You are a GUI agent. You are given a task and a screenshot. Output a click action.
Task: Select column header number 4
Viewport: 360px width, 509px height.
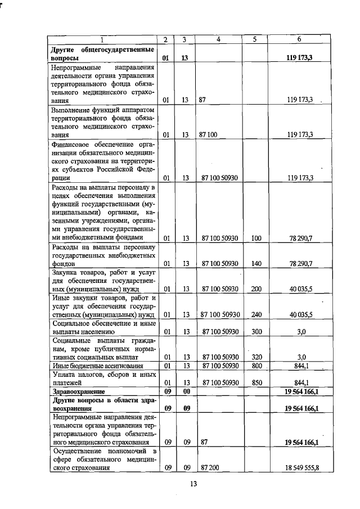[x=218, y=39]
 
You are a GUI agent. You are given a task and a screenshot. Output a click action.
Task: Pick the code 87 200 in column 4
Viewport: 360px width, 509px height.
[x=209, y=468]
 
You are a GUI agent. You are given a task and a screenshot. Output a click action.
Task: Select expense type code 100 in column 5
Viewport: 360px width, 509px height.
[x=256, y=238]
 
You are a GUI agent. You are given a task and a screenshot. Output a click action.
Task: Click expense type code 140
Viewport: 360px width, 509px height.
[x=256, y=264]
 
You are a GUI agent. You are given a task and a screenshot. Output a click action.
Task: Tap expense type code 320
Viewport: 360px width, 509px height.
[x=256, y=357]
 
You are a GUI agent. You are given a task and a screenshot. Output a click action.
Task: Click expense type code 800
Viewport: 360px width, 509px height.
[x=256, y=366]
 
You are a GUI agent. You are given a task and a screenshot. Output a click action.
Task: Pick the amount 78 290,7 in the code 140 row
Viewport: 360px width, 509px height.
[x=301, y=264]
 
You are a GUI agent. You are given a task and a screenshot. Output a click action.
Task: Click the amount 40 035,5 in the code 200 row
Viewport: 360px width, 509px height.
[x=301, y=289]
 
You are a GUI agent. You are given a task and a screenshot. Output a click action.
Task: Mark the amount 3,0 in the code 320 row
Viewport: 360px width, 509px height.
[x=301, y=357]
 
